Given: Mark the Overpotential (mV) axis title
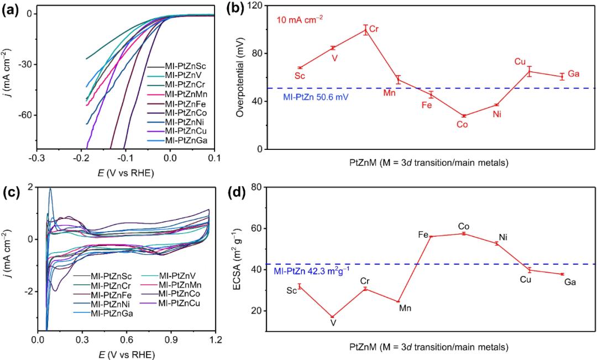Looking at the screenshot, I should (239, 77).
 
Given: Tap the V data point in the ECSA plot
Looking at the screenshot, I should (332, 317).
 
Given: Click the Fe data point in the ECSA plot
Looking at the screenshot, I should (431, 236).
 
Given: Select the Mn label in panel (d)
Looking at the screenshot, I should (406, 308).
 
